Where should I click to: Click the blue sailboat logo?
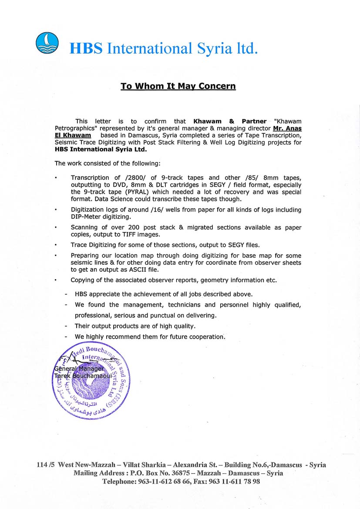pyautogui.click(x=47, y=43)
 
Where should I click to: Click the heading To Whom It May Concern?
pyautogui.click(x=178, y=86)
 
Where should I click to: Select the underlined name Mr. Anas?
pyautogui.click(x=287, y=128)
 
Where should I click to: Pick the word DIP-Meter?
pyautogui.click(x=87, y=216)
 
